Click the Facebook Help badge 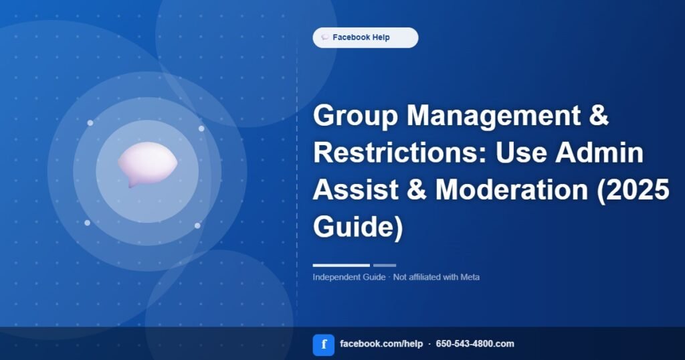(365, 37)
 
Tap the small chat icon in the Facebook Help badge (325, 37)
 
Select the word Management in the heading (493, 115)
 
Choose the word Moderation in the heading (512, 190)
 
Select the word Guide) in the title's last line (358, 228)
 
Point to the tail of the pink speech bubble (130, 185)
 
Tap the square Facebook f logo (324, 345)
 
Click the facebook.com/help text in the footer (381, 344)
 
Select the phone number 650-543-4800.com (475, 344)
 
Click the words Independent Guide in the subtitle (349, 277)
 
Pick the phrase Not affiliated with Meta (436, 277)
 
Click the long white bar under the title (341, 265)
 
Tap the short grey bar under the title (385, 265)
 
